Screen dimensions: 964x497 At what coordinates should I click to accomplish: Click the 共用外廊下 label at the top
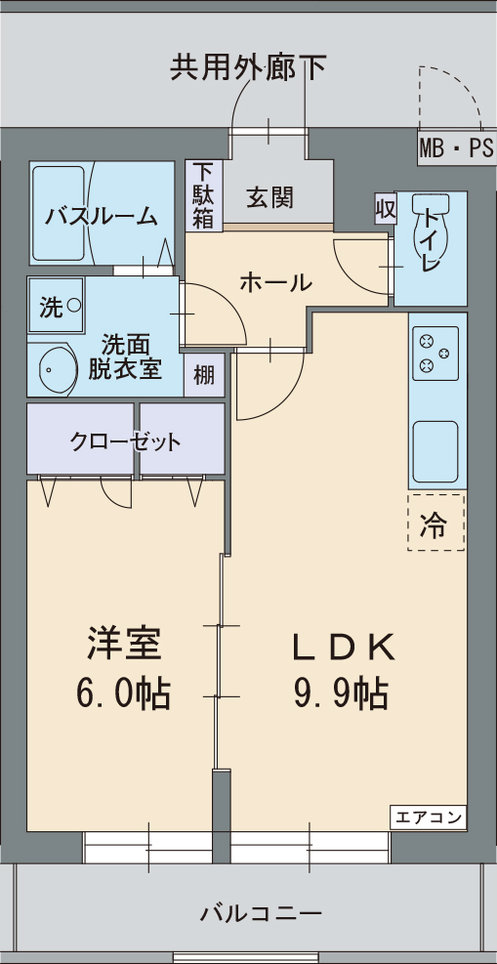point(248,66)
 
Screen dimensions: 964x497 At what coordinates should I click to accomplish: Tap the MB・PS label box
point(456,149)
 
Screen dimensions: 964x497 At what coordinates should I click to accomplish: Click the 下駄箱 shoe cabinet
point(202,194)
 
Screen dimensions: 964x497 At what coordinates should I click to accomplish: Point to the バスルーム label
point(102,217)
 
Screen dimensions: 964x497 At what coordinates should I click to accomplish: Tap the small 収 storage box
point(386,209)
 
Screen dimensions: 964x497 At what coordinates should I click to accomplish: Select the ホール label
point(275,283)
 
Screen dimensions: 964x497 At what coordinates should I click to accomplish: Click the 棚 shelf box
point(204,375)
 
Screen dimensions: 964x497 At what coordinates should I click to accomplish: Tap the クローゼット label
point(125,441)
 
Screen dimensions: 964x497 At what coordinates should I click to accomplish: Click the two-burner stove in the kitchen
point(436,354)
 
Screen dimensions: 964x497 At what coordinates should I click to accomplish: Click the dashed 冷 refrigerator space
point(435,524)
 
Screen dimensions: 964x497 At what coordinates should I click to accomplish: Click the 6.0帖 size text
point(123,692)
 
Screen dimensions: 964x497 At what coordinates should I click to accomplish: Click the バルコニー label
point(261,914)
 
